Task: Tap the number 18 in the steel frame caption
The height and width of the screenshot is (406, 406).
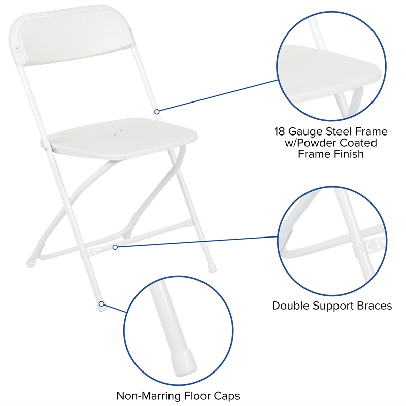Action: point(280,132)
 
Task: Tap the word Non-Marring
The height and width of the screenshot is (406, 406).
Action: point(148,395)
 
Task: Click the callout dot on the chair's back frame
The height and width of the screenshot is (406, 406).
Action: point(157,111)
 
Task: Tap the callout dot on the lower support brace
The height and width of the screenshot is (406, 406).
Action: point(115,247)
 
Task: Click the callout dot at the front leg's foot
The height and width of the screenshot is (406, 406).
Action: point(101,303)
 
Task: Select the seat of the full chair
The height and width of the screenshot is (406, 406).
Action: point(122,140)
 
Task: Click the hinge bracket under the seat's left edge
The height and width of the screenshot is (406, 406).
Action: point(53,149)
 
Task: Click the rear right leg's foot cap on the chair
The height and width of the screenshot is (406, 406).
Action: point(212,264)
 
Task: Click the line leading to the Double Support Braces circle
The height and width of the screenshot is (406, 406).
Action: point(198,242)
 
